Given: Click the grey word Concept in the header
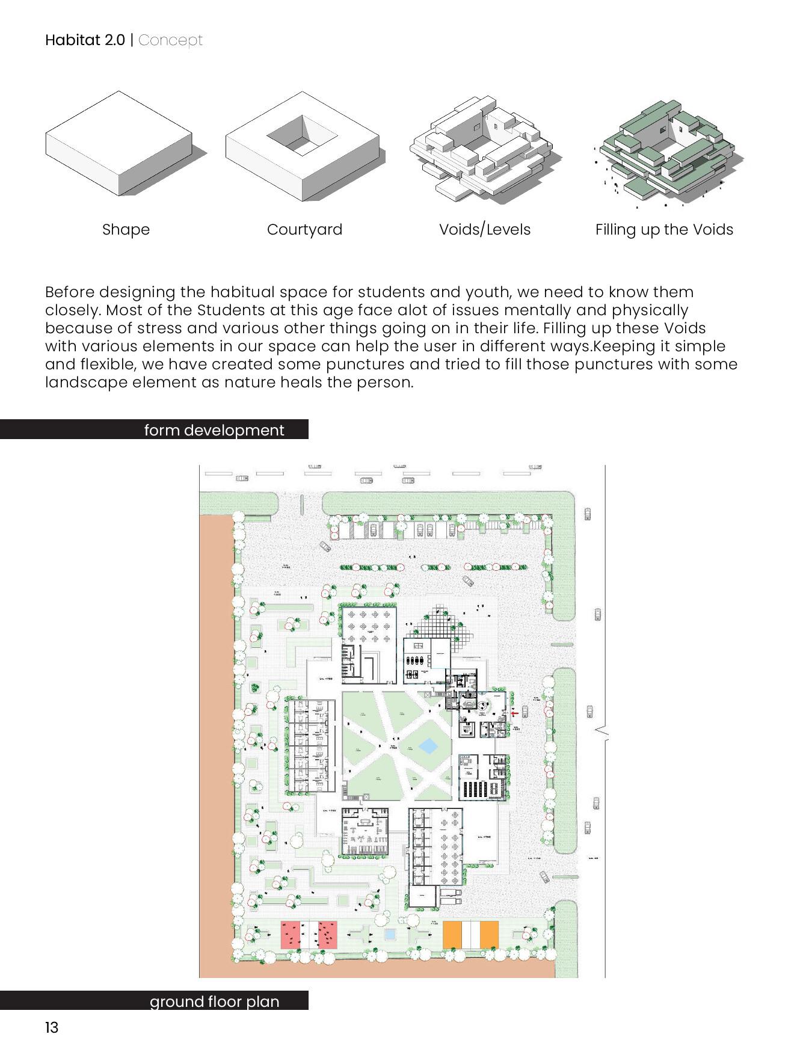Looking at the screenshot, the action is click(171, 40).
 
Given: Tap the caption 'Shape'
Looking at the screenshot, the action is click(126, 229).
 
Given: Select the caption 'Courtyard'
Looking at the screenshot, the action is click(304, 229).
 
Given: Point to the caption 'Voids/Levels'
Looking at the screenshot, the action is click(485, 229).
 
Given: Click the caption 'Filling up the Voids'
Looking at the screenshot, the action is click(664, 229).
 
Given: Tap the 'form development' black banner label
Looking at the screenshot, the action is click(214, 430).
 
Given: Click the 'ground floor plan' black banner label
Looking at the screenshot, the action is click(214, 1001).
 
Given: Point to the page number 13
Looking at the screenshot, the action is click(52, 1027).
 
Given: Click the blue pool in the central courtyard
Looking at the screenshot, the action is click(428, 746).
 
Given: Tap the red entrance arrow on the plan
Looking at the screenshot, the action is click(514, 713).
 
